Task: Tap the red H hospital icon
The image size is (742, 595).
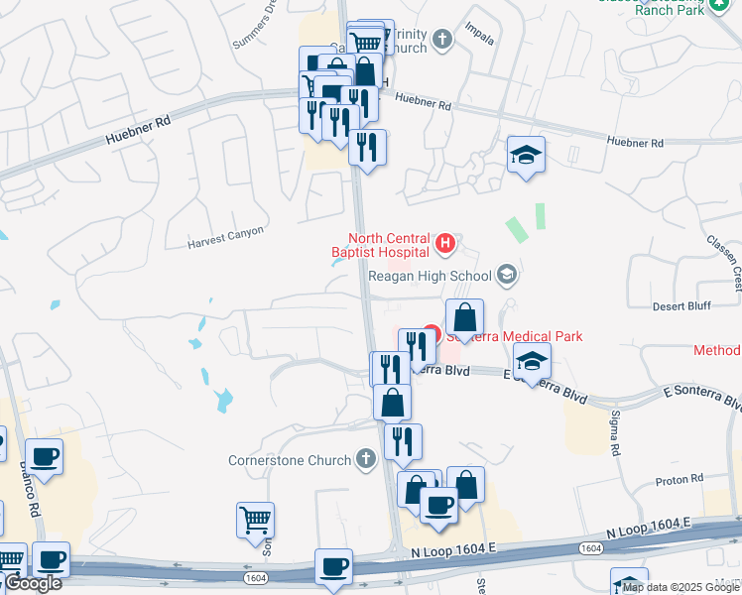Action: pos(445,241)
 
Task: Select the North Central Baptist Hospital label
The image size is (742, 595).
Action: pos(388,245)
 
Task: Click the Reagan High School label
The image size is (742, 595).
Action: pos(430,277)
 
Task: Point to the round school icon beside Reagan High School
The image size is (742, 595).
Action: pos(507,275)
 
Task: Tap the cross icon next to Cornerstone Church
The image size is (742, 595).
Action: pos(366,459)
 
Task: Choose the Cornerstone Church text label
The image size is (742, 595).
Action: pos(290,460)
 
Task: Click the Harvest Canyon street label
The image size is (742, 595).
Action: pos(226,236)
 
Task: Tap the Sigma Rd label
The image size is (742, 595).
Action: pos(615,426)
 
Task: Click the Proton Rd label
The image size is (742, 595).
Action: pos(680,480)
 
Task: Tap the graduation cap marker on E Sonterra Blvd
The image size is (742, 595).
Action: pos(532,363)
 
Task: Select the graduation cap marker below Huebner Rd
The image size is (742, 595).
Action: pos(526,155)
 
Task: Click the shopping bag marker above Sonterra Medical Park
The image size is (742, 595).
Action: pos(463,318)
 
